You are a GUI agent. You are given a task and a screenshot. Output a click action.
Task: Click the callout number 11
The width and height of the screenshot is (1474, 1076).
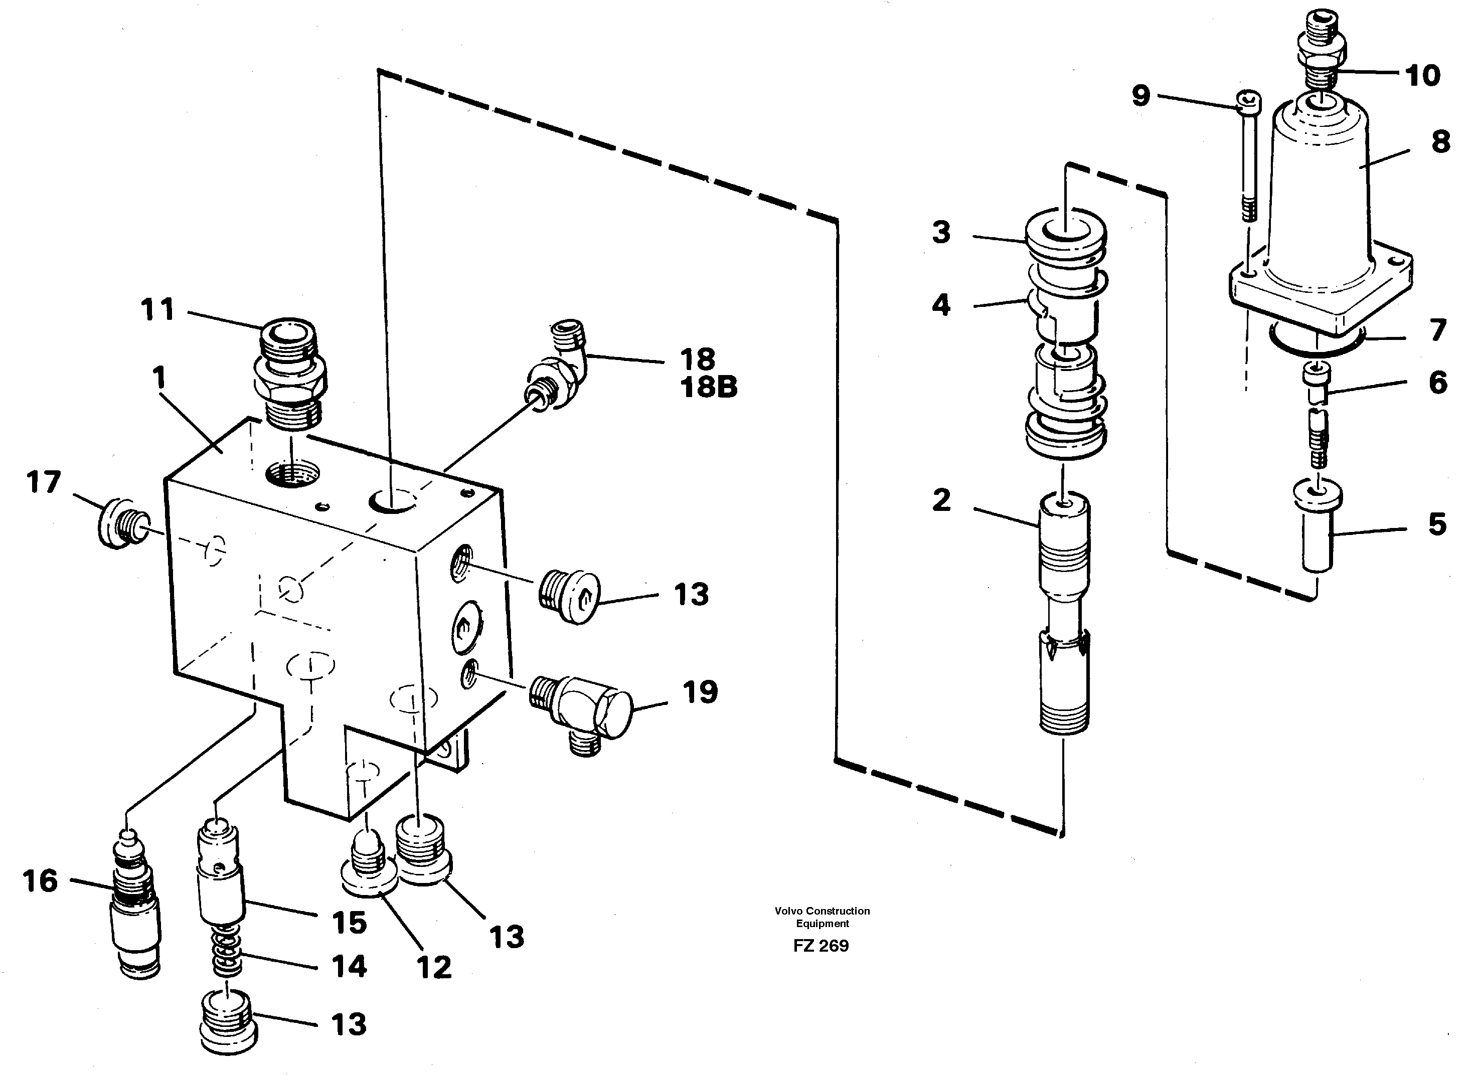[157, 309]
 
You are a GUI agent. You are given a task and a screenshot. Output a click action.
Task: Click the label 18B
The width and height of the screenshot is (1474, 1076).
[709, 388]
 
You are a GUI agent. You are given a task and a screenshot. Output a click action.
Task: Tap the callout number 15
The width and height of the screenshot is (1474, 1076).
[349, 923]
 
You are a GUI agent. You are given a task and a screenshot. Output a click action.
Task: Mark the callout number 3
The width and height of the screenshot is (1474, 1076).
[941, 233]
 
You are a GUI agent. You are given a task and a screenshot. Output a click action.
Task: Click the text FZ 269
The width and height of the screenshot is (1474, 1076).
[821, 946]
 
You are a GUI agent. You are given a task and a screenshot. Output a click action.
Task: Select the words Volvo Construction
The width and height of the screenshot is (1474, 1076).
[822, 911]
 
